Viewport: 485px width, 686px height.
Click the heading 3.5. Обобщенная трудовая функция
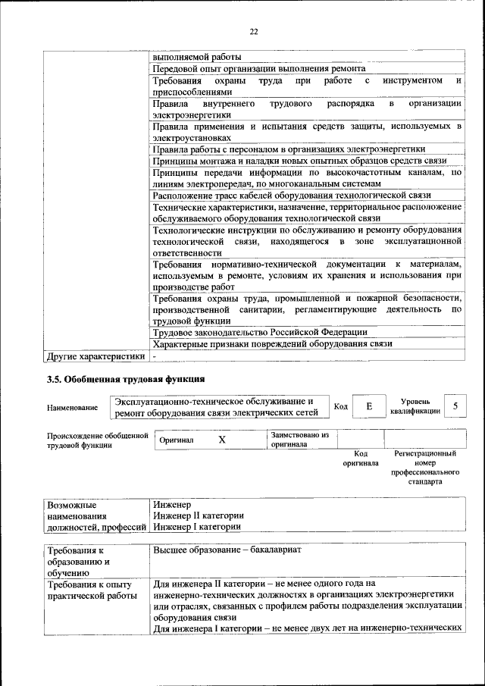125,377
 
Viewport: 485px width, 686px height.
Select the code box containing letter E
369,407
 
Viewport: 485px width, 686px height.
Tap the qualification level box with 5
455,406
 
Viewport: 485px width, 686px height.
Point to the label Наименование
72,408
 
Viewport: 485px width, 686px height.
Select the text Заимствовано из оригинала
299,440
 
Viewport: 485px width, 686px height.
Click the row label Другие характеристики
95,356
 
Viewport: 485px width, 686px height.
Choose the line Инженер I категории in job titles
196,526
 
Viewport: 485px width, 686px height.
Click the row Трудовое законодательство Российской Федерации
260,332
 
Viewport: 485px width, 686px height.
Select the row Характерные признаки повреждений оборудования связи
272,343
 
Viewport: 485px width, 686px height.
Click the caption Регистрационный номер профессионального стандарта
425,467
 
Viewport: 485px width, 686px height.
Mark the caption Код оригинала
361,458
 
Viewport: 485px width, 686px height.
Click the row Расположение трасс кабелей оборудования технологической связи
292,195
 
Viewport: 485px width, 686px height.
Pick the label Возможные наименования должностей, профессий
95,515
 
